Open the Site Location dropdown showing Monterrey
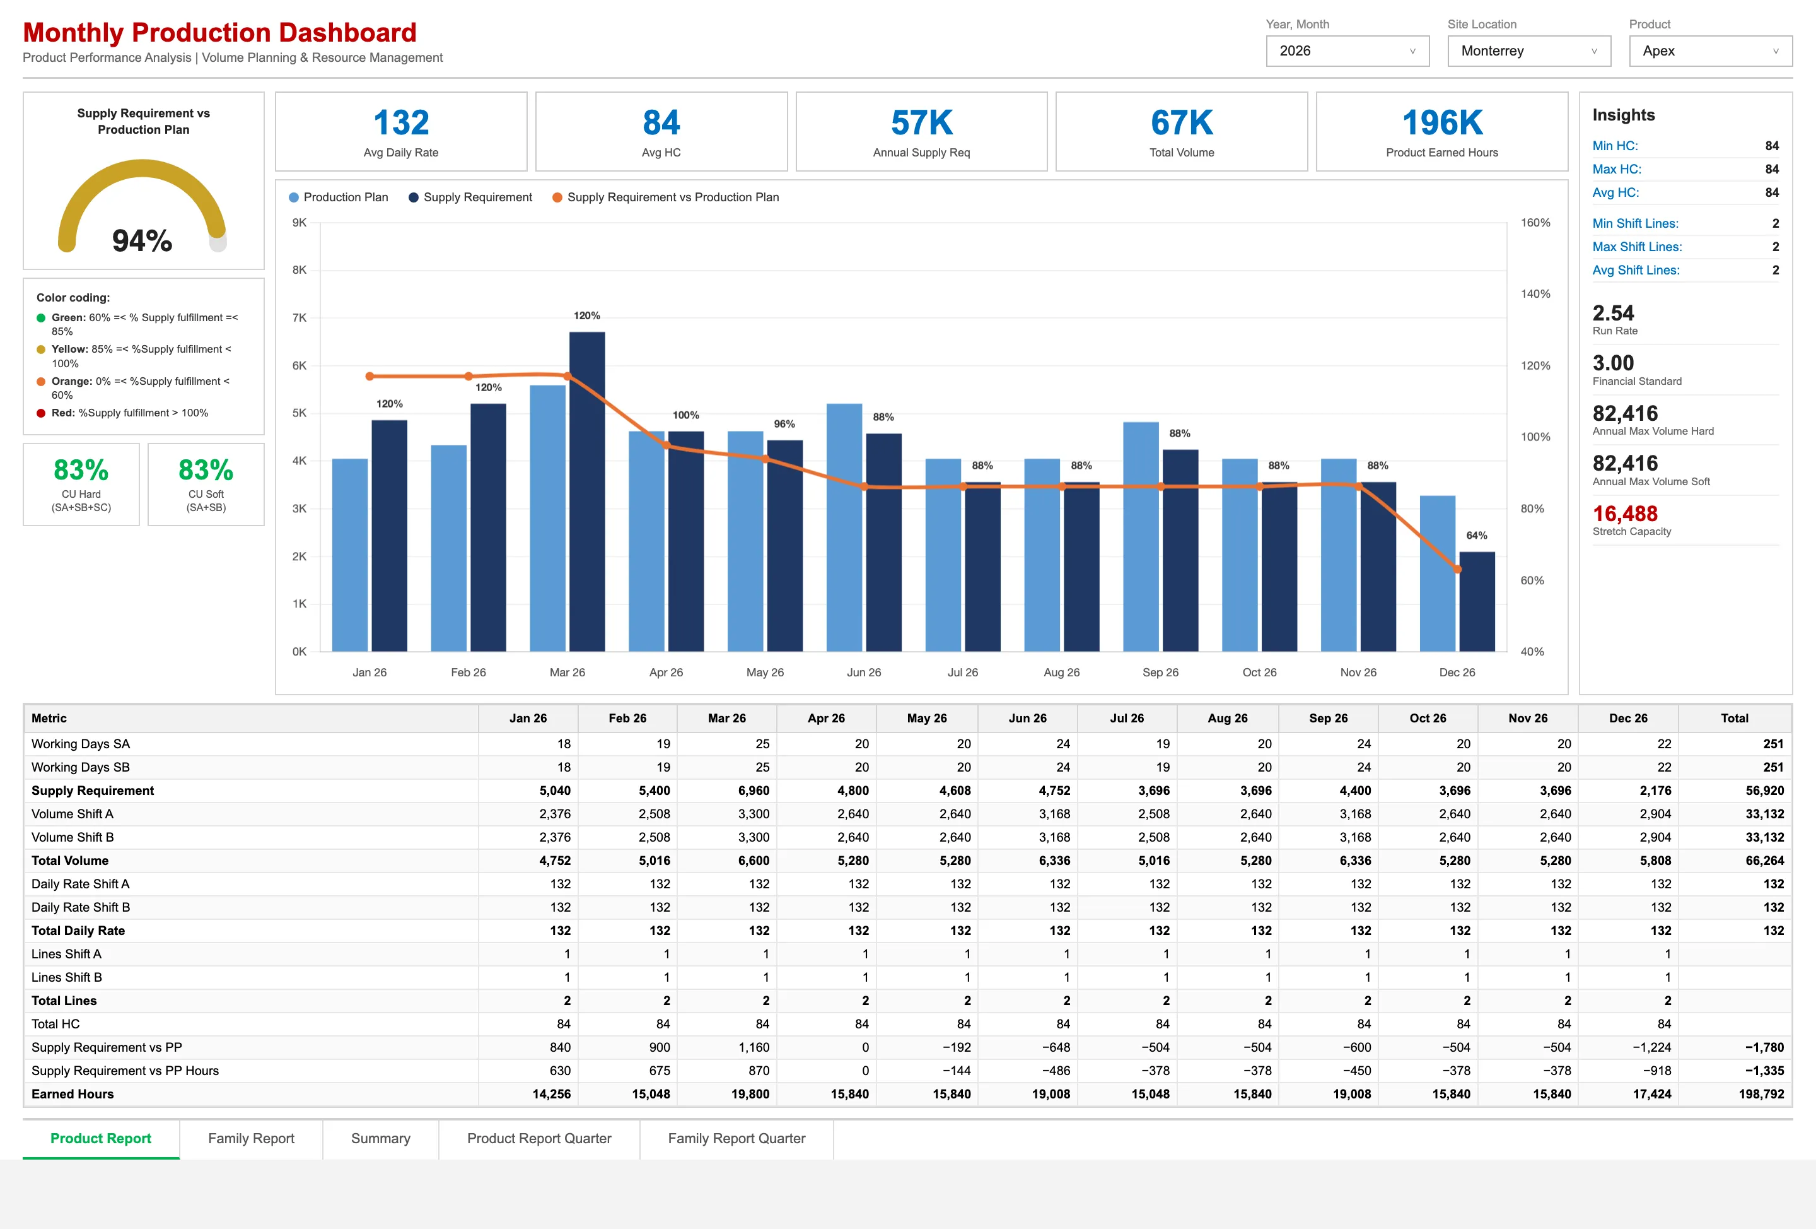click(x=1528, y=51)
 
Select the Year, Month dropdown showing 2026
click(x=1347, y=51)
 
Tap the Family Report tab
click(x=251, y=1138)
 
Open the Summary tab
click(x=381, y=1138)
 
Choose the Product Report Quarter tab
click(x=539, y=1138)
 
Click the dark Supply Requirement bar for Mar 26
click(x=587, y=491)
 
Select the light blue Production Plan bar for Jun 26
click(x=844, y=527)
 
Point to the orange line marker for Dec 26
click(x=1457, y=569)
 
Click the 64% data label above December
click(x=1476, y=536)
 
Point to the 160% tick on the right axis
click(x=1535, y=223)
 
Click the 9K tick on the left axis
click(x=300, y=223)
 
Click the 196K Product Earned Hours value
click(x=1441, y=123)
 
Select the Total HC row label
click(x=55, y=1024)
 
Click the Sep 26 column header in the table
click(x=1329, y=718)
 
